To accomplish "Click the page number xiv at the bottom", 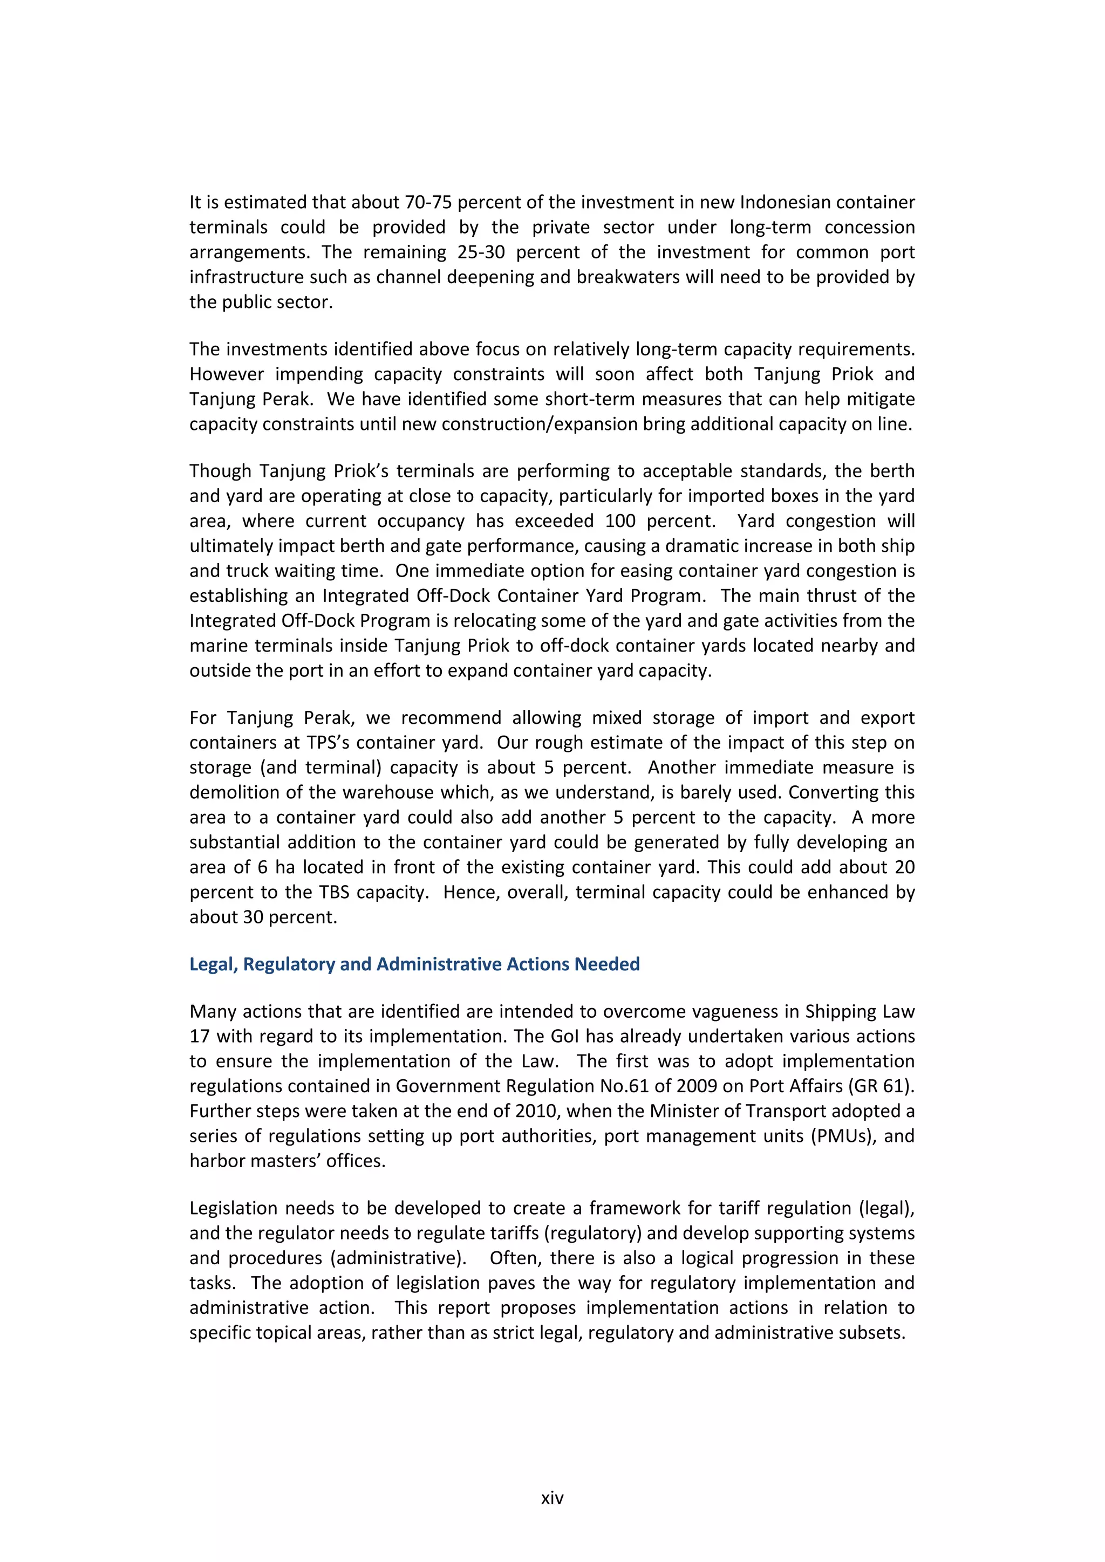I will pyautogui.click(x=552, y=1497).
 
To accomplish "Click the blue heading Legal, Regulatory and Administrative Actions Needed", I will pyautogui.click(x=414, y=964).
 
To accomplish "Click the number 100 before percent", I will pyautogui.click(x=620, y=521).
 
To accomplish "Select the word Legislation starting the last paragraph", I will pyautogui.click(x=234, y=1208).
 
